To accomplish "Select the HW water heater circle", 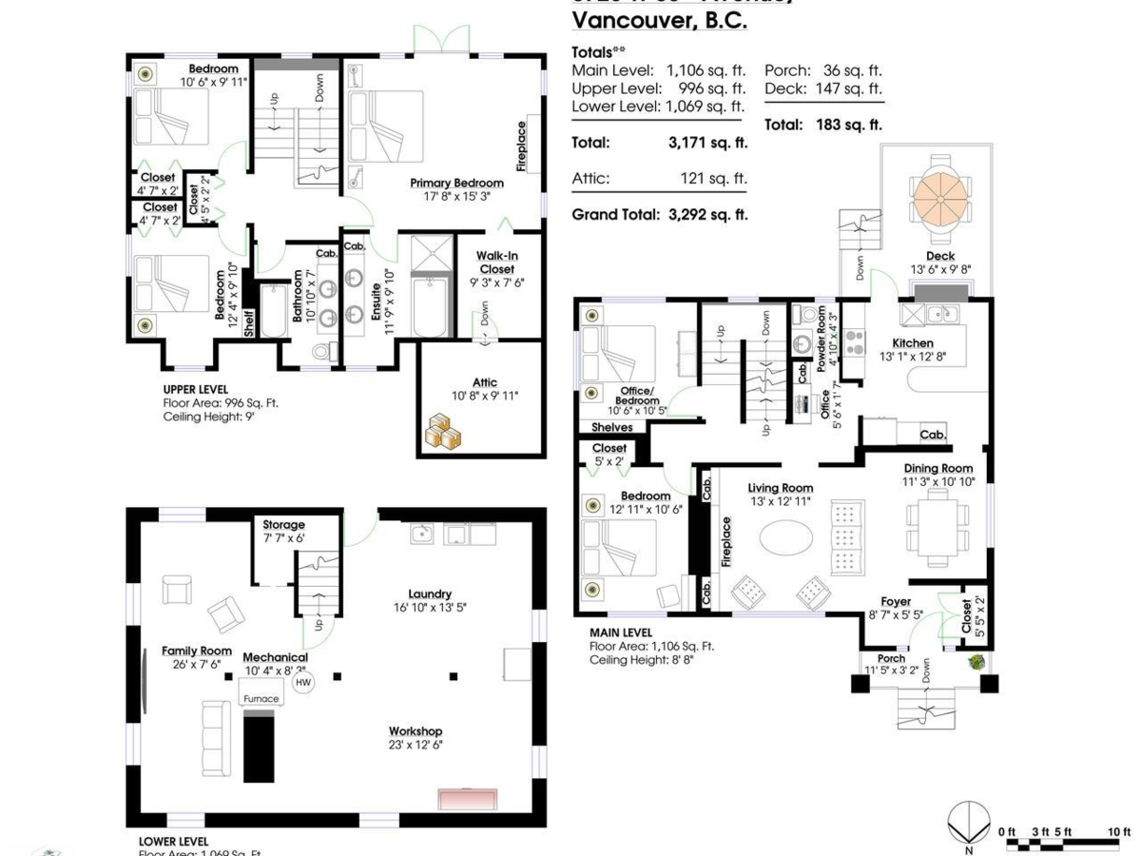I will tap(303, 682).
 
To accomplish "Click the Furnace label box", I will tap(261, 698).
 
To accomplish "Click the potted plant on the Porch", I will tap(975, 662).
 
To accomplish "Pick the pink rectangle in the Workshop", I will tap(468, 798).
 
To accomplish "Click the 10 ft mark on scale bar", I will tap(1118, 832).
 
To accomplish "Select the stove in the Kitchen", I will tap(854, 342).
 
